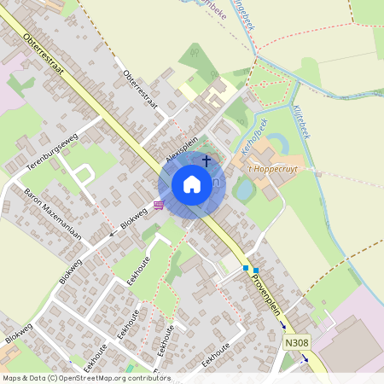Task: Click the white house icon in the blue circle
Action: click(x=192, y=184)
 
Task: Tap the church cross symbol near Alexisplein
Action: click(x=206, y=160)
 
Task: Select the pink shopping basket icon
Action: click(x=159, y=205)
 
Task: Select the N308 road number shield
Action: click(x=294, y=341)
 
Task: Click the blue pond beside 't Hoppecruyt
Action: click(x=243, y=190)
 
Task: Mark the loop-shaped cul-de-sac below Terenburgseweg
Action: click(x=83, y=175)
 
